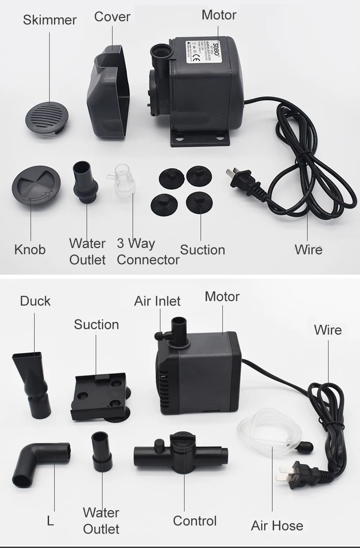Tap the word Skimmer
tap(49, 20)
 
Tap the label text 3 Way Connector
tap(148, 252)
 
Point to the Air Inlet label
tap(157, 301)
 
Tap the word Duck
tap(35, 301)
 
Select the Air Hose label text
tap(277, 526)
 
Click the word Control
tap(194, 521)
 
